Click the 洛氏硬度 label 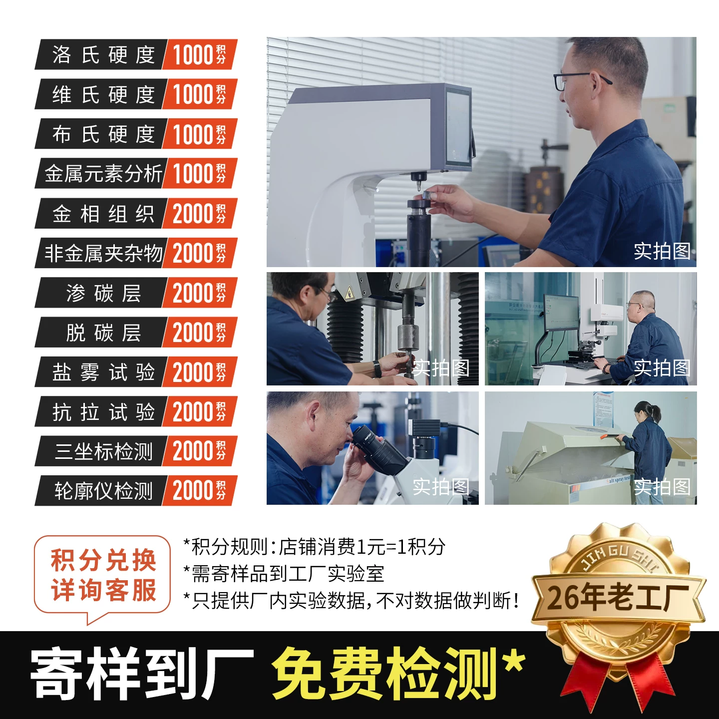[103, 54]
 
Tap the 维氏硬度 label [103, 94]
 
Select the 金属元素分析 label [103, 173]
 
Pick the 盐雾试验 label [103, 372]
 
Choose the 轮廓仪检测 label [103, 491]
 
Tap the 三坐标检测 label [103, 451]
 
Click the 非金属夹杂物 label [103, 253]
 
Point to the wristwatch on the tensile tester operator [377, 369]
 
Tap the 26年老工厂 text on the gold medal [618, 598]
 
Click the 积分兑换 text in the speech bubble [103, 560]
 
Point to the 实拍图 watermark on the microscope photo [441, 486]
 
